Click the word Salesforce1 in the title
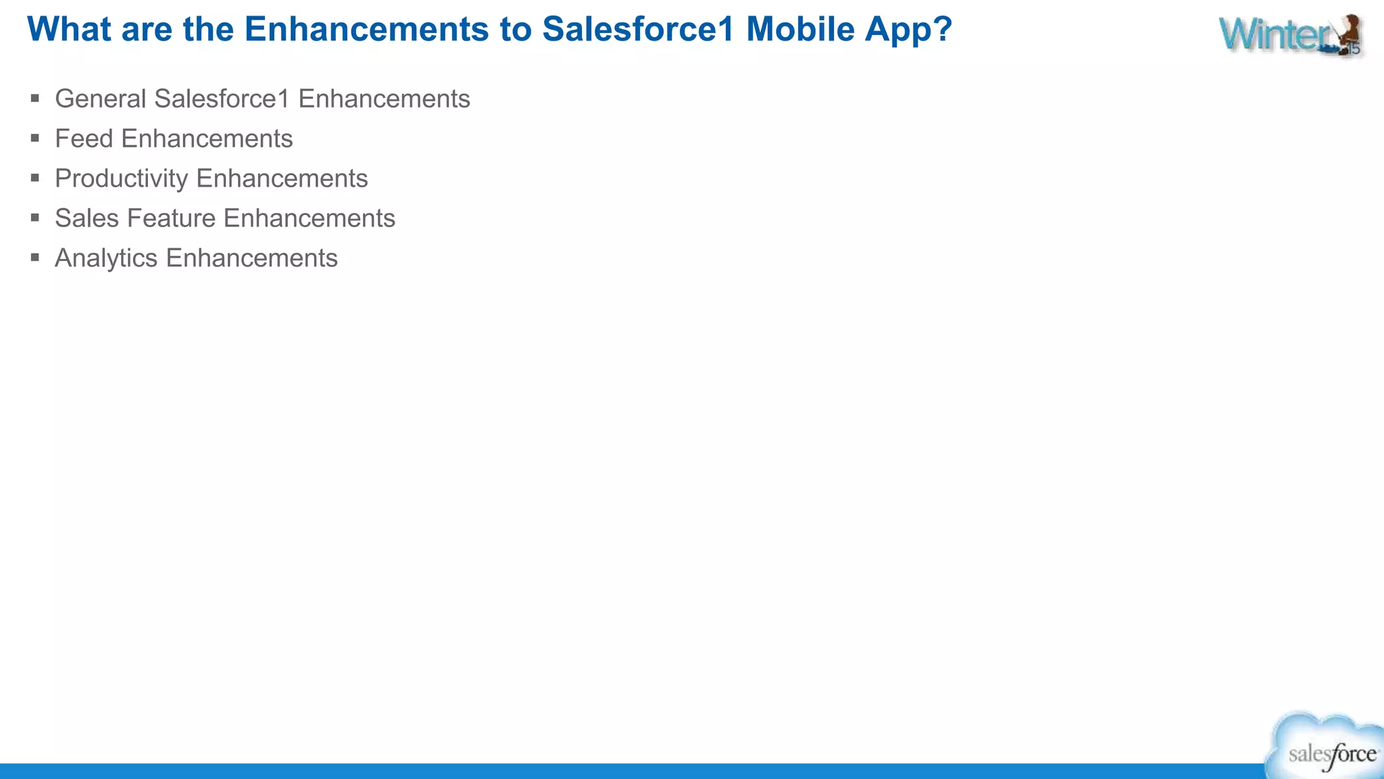[x=638, y=30]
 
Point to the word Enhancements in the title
[x=366, y=30]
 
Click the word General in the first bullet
[x=100, y=99]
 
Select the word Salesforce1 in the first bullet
[x=222, y=99]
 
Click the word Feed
[x=83, y=139]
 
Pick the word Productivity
[x=121, y=179]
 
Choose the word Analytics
[x=106, y=258]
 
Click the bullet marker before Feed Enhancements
[x=35, y=139]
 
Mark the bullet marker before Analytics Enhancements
[x=35, y=258]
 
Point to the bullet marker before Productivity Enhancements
[x=35, y=179]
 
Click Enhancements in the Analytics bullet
[x=251, y=258]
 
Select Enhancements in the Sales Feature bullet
[x=309, y=218]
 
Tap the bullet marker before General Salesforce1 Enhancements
[x=35, y=99]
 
